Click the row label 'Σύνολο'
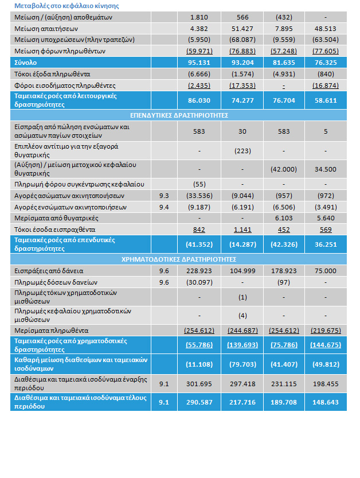(25, 62)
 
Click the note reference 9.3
(163, 195)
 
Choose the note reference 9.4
(163, 207)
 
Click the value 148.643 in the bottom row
(325, 402)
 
